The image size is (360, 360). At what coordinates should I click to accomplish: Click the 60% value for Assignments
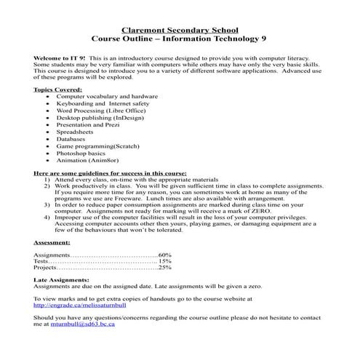[164, 255]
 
